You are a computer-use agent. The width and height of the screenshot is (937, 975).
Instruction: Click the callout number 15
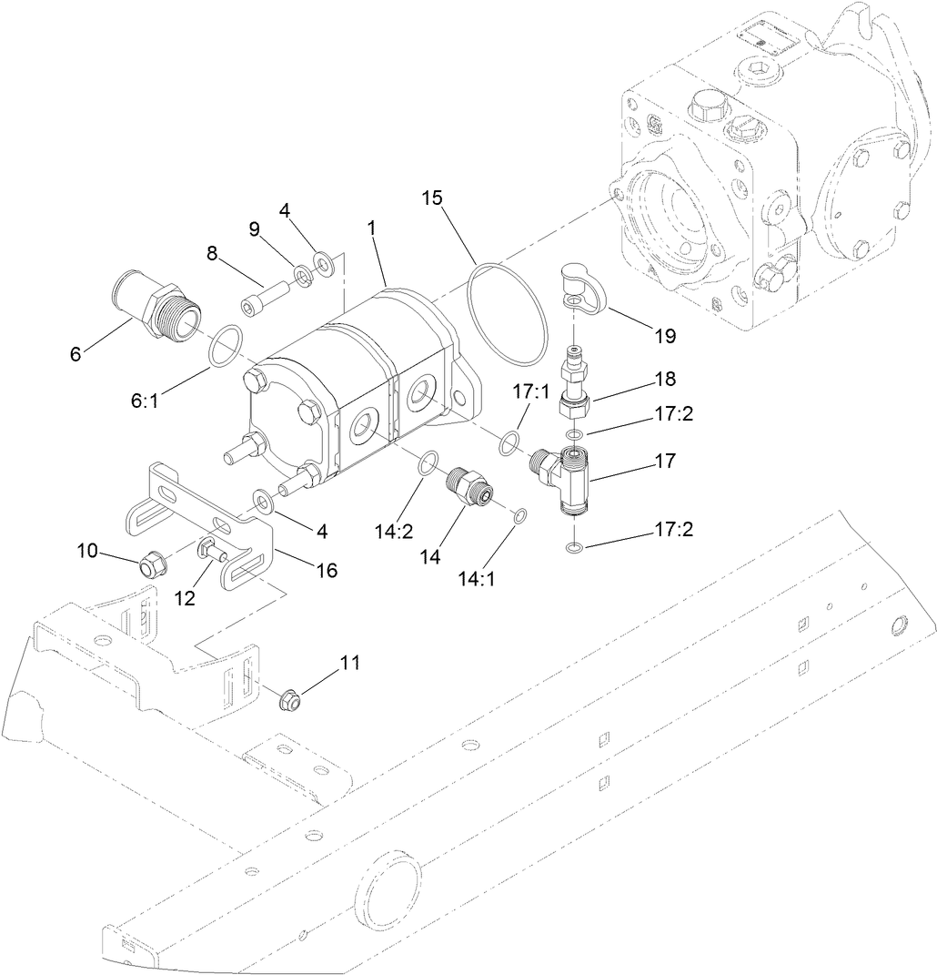[434, 198]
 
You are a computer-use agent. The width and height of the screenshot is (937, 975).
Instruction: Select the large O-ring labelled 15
[510, 310]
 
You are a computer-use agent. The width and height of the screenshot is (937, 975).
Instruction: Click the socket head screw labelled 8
[265, 295]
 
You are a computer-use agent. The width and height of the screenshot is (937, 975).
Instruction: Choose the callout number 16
[325, 570]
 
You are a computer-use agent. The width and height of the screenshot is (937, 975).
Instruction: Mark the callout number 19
[664, 335]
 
